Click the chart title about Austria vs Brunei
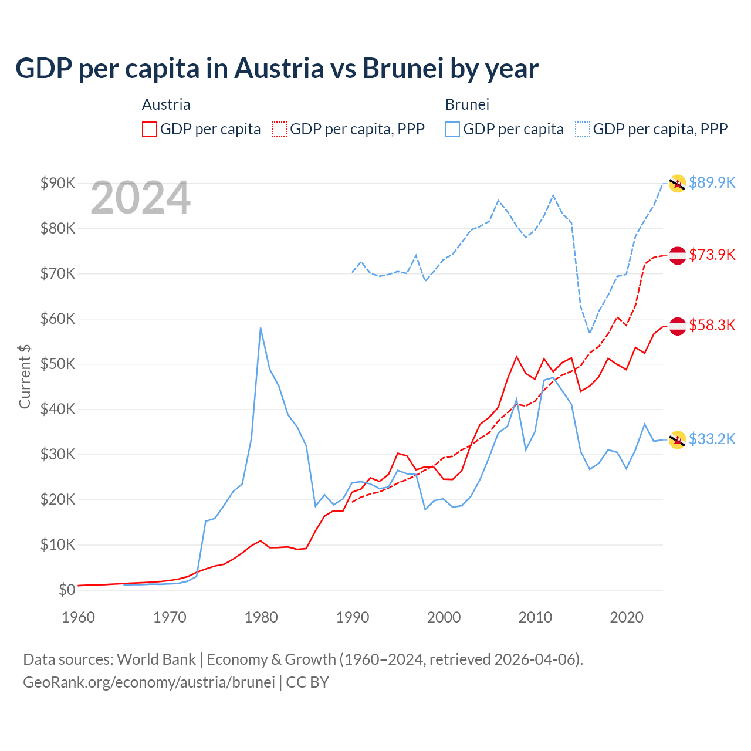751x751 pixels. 276,69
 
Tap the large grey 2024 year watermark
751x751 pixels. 141,198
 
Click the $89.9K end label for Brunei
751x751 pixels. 712,182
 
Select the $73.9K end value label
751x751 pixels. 712,255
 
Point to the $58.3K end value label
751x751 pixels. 712,325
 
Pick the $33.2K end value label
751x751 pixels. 712,439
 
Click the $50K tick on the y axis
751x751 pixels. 57,364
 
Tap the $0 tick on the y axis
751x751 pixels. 67,590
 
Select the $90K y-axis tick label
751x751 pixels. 57,183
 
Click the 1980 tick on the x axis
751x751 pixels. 261,617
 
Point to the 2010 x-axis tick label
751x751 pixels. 535,617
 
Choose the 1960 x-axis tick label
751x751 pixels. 78,617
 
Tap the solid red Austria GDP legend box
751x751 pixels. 150,129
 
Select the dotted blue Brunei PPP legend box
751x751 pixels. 583,129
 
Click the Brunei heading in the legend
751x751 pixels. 467,104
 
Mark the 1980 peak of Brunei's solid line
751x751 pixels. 261,328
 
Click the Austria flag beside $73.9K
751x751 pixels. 678,255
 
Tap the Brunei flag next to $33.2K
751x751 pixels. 678,439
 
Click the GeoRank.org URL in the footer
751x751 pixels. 149,682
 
